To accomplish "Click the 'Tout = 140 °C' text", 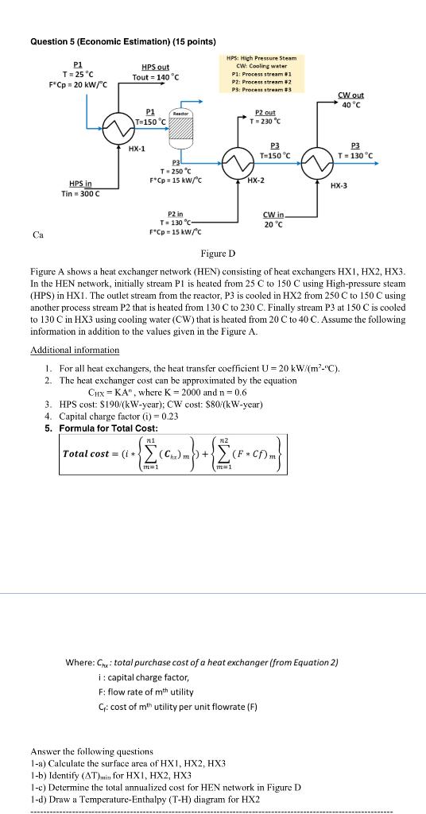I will [155, 76].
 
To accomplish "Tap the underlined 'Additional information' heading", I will [75, 350].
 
